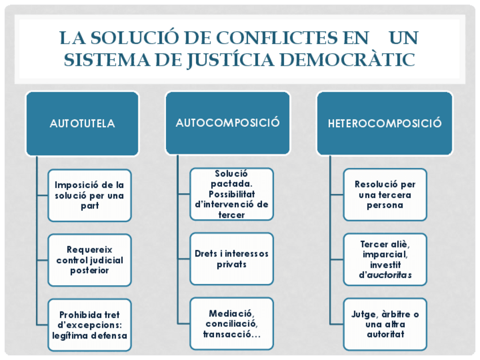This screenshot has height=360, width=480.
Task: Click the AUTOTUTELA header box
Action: click(82, 123)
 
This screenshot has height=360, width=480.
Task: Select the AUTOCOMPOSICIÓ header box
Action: click(228, 122)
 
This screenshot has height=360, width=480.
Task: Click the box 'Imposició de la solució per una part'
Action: click(89, 195)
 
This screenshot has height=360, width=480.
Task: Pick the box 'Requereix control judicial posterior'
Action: click(89, 260)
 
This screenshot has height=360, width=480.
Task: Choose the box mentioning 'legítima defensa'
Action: click(89, 325)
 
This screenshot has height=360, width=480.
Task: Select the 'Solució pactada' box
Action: click(232, 194)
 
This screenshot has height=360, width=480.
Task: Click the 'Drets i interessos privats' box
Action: click(232, 259)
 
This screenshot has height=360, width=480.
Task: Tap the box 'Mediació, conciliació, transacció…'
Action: click(232, 324)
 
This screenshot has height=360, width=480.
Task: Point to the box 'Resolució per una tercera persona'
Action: click(385, 195)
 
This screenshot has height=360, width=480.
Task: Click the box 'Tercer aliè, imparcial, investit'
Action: click(385, 259)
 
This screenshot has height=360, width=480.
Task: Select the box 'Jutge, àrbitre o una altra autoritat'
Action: click(385, 324)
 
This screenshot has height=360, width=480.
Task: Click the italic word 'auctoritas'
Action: click(389, 275)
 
